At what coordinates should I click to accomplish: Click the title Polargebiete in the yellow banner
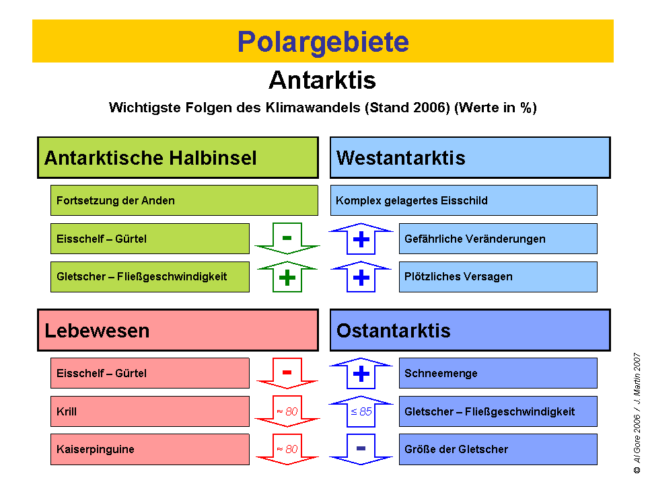click(323, 42)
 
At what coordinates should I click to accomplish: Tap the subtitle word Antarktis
click(322, 81)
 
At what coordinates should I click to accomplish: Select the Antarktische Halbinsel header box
click(178, 158)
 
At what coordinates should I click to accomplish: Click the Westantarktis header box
click(470, 158)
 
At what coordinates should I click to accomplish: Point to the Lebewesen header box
click(178, 330)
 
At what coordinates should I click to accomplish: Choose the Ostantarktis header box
click(470, 330)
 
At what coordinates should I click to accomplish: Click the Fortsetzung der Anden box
click(184, 200)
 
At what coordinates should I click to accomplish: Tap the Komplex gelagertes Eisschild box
click(464, 200)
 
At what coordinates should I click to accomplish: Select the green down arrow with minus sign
click(287, 239)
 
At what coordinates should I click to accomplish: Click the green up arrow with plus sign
click(287, 276)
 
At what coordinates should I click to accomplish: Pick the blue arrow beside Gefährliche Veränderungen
click(361, 239)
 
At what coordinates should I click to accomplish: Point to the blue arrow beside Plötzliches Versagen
click(361, 276)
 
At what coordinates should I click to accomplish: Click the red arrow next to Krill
click(287, 411)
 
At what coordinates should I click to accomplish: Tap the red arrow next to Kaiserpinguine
click(287, 449)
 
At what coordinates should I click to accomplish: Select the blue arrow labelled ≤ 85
click(361, 411)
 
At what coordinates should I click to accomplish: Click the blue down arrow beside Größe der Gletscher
click(361, 449)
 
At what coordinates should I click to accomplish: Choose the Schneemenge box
click(498, 373)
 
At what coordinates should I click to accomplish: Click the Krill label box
click(149, 411)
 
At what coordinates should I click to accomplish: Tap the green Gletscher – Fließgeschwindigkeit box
click(149, 276)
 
